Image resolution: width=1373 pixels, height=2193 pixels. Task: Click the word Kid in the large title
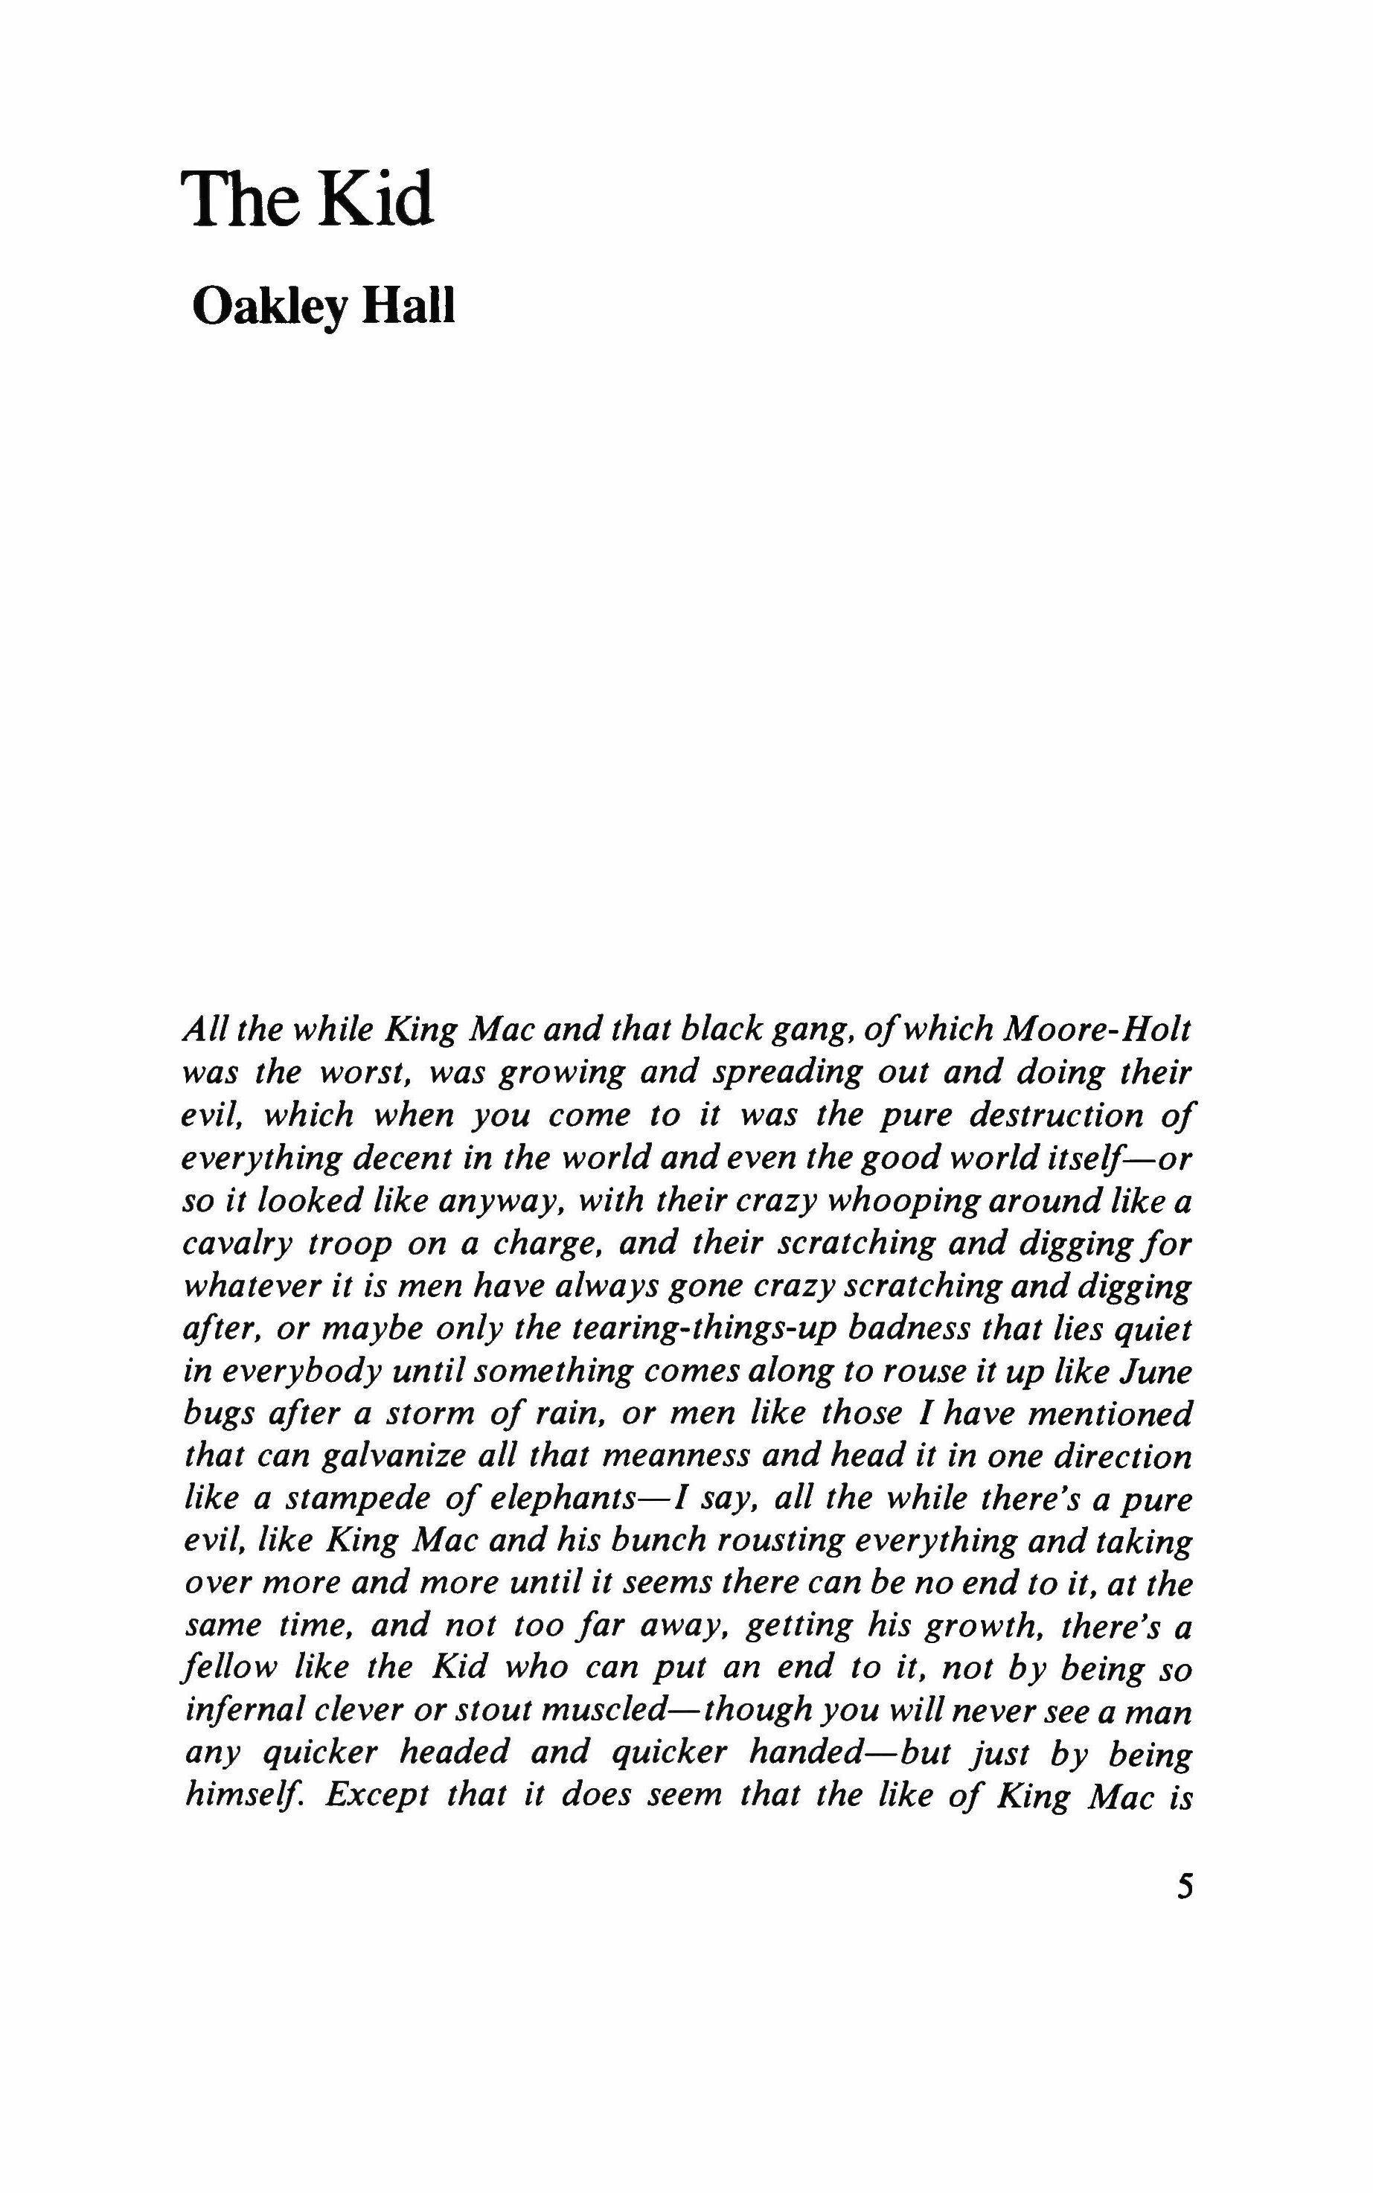pyautogui.click(x=375, y=199)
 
